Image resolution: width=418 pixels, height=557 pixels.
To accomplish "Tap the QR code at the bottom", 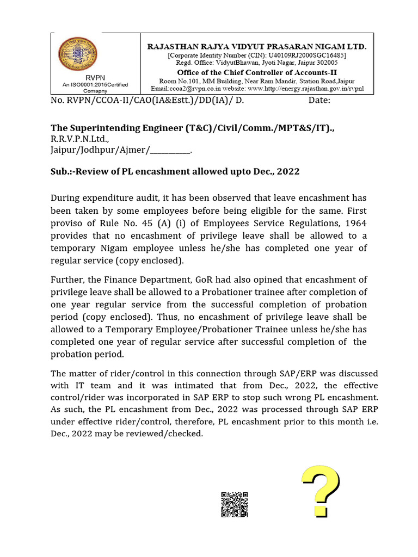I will pyautogui.click(x=235, y=504).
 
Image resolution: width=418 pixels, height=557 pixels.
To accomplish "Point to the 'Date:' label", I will pyautogui.click(x=319, y=100).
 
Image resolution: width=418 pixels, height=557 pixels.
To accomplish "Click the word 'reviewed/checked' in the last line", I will pyautogui.click(x=169, y=434).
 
